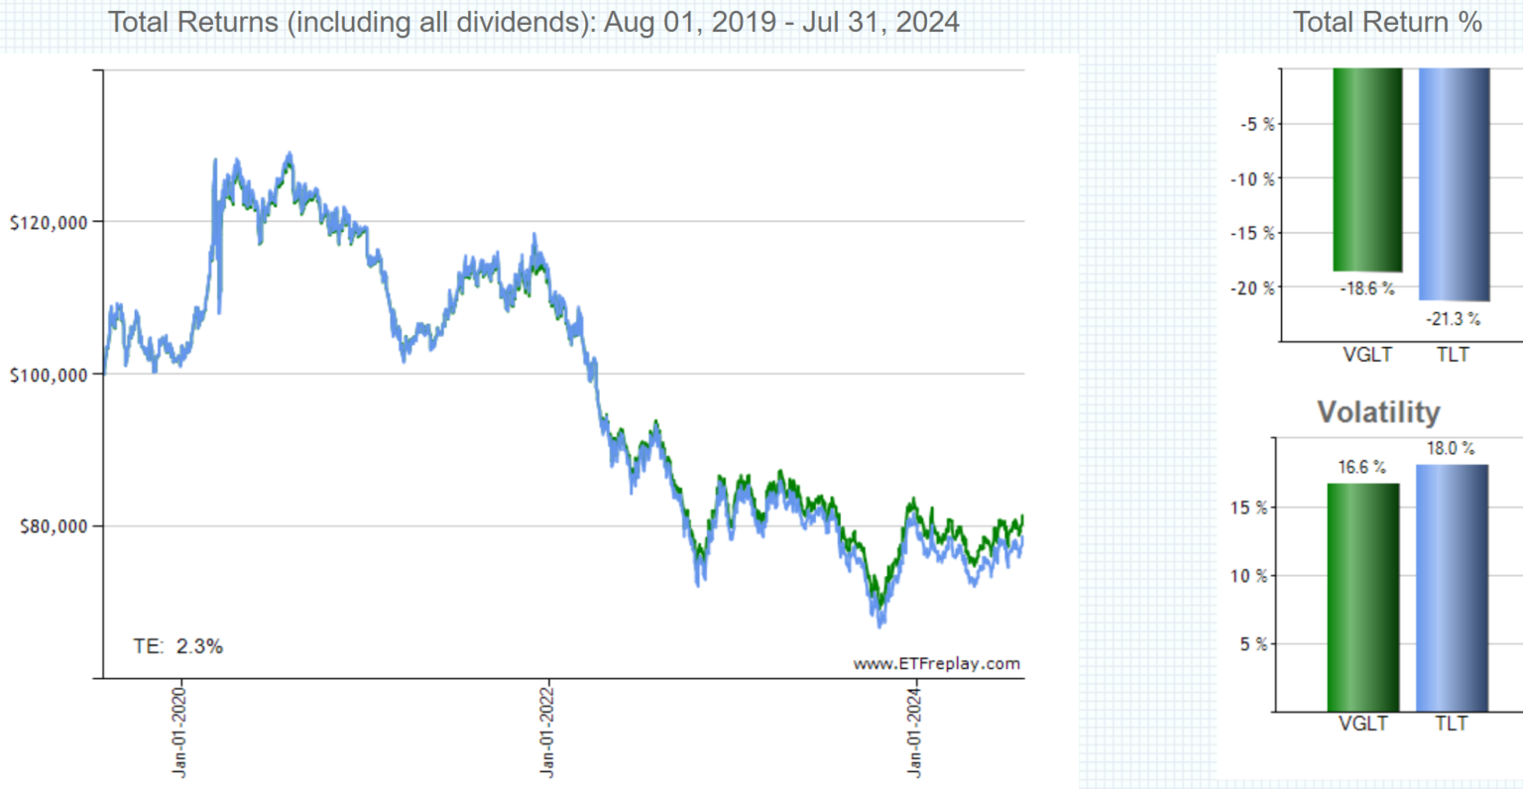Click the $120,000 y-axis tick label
[x=49, y=223]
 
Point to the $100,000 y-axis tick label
[x=49, y=375]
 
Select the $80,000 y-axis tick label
[x=54, y=526]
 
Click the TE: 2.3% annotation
[x=178, y=646]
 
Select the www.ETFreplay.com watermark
[x=936, y=664]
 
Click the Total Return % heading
[x=1387, y=22]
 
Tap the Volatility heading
[x=1378, y=411]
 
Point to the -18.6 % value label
[x=1367, y=289]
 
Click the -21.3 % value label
[x=1453, y=319]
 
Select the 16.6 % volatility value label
[x=1361, y=467]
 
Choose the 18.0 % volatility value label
[x=1451, y=449]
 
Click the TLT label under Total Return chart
[x=1453, y=355]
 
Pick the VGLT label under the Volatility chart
[x=1362, y=724]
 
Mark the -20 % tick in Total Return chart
[x=1253, y=288]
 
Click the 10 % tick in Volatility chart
[x=1248, y=576]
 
